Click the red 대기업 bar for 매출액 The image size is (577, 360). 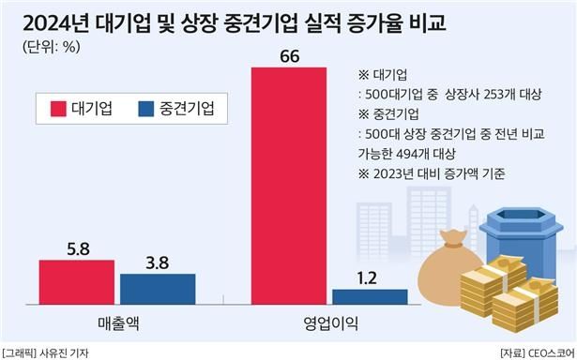[77, 283]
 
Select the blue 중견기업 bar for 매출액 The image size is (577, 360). [158, 289]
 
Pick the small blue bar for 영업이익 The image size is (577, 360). [369, 296]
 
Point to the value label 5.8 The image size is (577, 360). [77, 251]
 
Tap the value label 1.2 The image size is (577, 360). [369, 277]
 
